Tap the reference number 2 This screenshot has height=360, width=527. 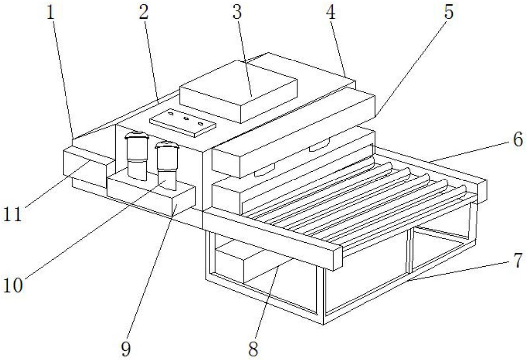pyautogui.click(x=143, y=13)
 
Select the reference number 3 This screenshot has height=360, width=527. pyautogui.click(x=237, y=13)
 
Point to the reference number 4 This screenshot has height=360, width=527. pyautogui.click(x=330, y=13)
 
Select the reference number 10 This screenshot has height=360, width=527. pyautogui.click(x=13, y=285)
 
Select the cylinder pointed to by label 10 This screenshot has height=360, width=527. pyautogui.click(x=167, y=166)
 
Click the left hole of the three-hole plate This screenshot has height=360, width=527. pyautogui.click(x=171, y=114)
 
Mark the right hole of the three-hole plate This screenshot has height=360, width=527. pyautogui.click(x=200, y=124)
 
